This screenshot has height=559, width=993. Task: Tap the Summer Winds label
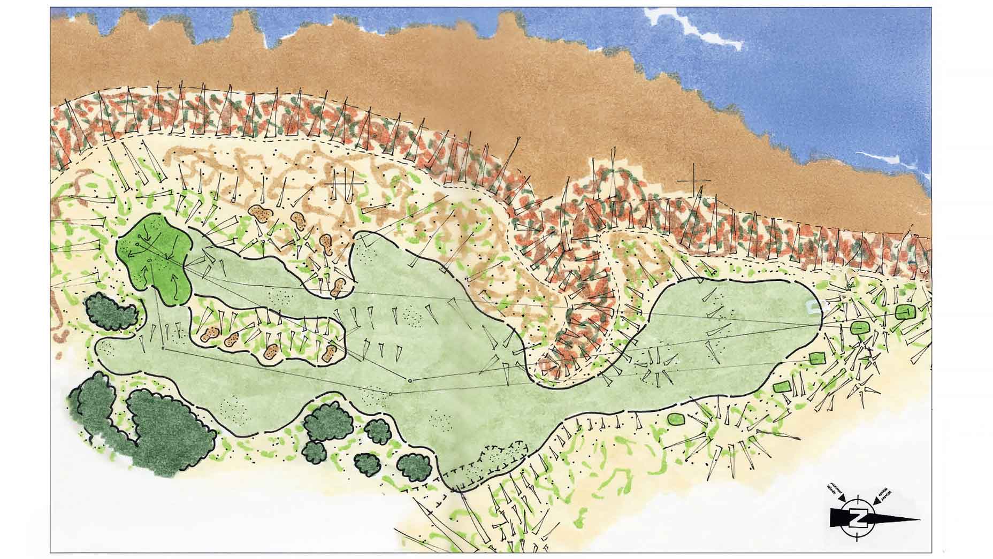[x=833, y=492]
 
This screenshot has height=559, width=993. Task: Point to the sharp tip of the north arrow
[x=919, y=519]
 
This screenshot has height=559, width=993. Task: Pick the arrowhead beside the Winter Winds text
[x=875, y=502]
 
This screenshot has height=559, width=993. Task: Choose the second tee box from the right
[x=859, y=327]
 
